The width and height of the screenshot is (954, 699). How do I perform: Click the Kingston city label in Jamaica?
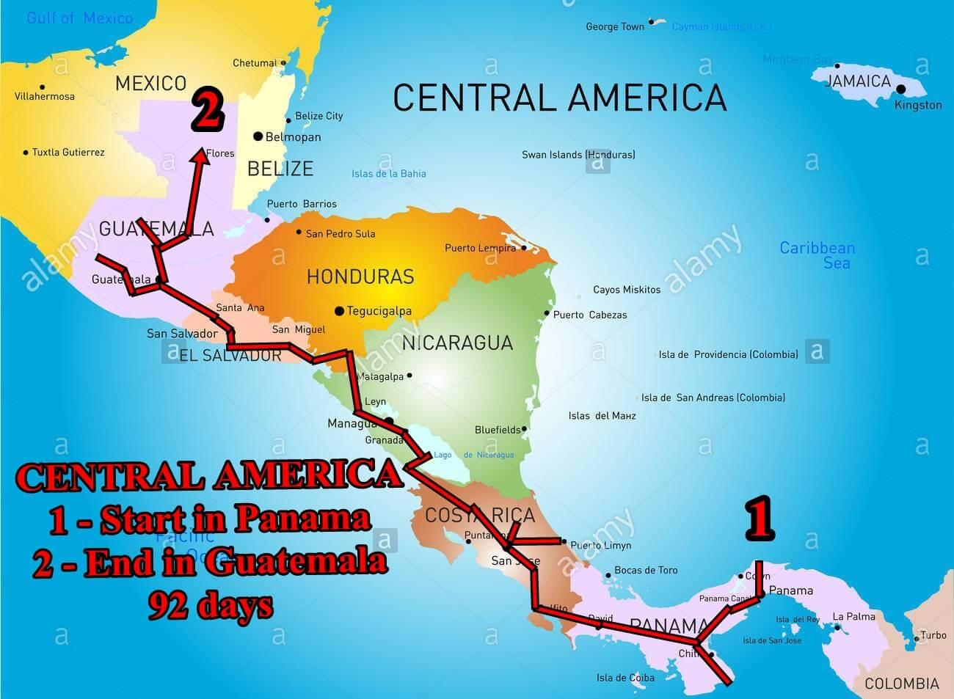tap(918, 105)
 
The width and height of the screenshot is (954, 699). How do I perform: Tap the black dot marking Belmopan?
tap(258, 136)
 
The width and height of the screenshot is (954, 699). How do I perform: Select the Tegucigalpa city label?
tap(379, 311)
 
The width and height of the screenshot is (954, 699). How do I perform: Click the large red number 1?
tap(760, 519)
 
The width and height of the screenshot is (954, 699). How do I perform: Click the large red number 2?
tap(207, 111)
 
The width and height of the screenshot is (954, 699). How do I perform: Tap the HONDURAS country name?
tap(360, 277)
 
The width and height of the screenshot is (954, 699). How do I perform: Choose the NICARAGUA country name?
tap(457, 343)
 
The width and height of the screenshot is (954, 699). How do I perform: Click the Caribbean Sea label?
tap(817, 255)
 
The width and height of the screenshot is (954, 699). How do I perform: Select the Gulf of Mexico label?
tap(79, 18)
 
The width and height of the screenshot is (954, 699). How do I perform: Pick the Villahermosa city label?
tap(45, 96)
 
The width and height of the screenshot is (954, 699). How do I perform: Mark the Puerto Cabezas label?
tap(590, 315)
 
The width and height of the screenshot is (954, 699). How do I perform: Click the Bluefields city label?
tap(498, 430)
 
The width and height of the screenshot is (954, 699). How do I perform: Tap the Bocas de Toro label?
tap(646, 570)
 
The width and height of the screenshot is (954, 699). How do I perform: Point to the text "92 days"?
tap(211, 606)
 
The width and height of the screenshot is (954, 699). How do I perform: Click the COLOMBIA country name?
tap(901, 684)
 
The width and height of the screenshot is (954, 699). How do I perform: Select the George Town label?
tap(615, 26)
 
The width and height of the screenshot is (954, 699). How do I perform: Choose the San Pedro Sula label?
tap(341, 233)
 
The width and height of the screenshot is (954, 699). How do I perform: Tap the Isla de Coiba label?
tap(625, 678)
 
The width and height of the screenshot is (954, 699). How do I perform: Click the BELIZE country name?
tap(280, 169)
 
